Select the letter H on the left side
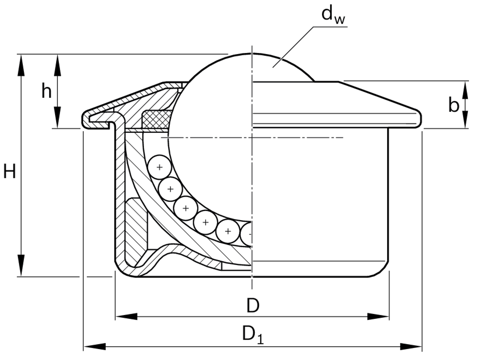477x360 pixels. (10, 172)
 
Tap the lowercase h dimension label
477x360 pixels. (47, 91)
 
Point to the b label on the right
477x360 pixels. (454, 105)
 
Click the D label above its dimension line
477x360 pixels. (253, 305)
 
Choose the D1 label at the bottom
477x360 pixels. (253, 335)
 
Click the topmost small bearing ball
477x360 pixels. (159, 167)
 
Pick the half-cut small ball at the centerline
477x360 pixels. (247, 234)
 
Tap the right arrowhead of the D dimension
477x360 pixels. (378, 316)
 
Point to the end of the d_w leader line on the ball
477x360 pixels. (273, 67)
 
